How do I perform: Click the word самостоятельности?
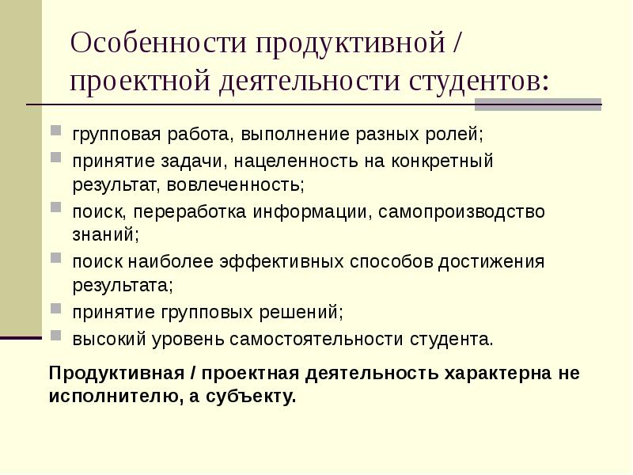coord(318,340)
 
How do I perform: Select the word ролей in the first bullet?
coord(457,134)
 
